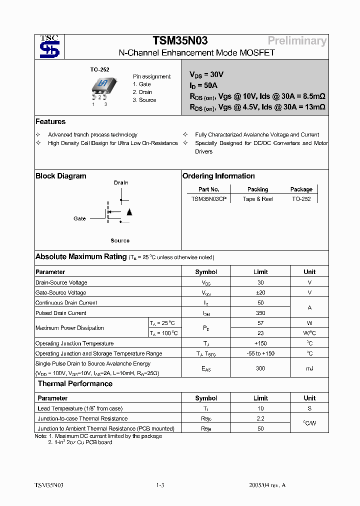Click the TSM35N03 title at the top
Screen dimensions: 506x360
180,41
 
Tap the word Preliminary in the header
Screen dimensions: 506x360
297,41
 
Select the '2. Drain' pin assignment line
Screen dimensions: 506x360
142,92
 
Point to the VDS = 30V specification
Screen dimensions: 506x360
206,74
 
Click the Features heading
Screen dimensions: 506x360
50,121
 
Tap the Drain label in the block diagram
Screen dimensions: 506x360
121,182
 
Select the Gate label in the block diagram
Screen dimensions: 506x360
80,218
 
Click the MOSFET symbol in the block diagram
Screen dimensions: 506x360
117,212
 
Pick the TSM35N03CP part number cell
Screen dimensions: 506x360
209,199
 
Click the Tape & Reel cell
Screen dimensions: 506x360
257,199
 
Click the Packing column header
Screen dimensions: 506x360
257,189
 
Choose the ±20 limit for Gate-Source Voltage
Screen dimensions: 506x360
260,292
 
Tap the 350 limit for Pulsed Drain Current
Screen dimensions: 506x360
260,313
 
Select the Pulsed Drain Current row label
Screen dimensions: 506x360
61,313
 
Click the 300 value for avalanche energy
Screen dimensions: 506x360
260,368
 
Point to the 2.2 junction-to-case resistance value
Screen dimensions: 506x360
260,418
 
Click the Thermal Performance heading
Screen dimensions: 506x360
75,384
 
